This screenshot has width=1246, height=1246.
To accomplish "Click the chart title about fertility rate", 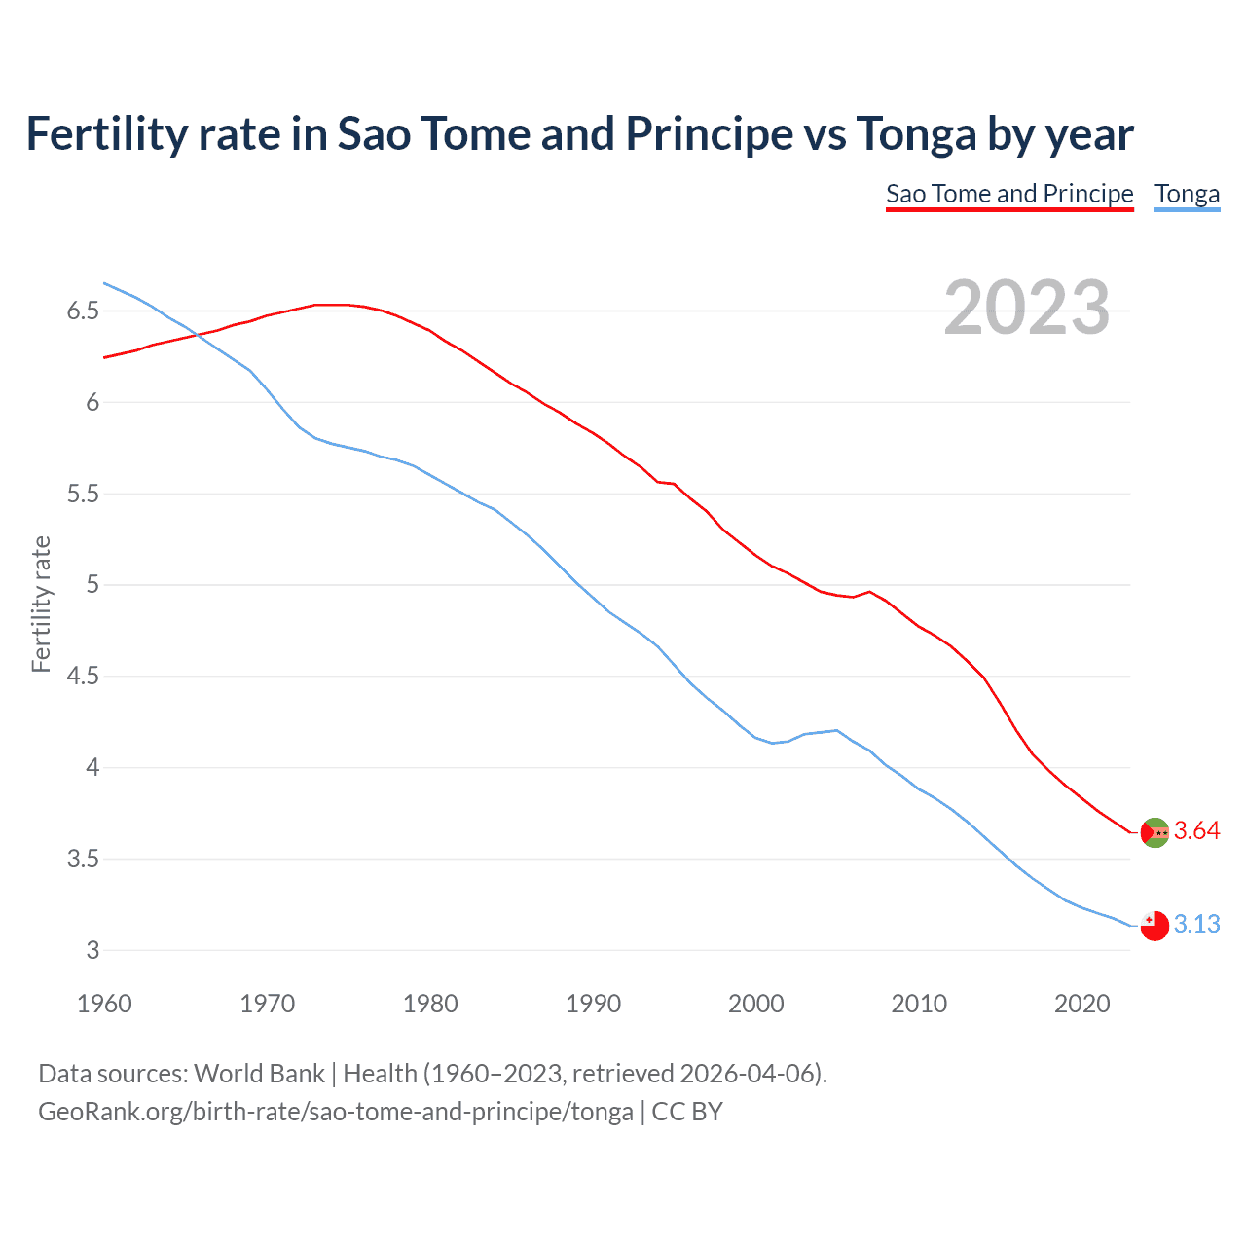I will click(579, 134).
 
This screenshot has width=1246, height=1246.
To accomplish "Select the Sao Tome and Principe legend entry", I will click(1009, 194).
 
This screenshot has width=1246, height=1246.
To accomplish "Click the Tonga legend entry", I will click(1187, 194).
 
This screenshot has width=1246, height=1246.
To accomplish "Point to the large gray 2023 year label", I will click(1026, 308).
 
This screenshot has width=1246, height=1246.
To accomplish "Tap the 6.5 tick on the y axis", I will click(83, 311).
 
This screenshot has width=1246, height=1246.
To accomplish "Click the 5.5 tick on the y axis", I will click(83, 495).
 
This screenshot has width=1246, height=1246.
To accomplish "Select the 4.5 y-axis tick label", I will click(83, 677).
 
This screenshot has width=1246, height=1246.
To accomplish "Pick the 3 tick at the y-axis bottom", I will click(93, 951).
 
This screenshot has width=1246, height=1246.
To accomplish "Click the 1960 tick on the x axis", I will click(104, 1004).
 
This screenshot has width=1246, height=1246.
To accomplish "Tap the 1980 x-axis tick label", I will click(430, 1004).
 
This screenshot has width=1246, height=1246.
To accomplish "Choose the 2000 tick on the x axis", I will click(756, 1004).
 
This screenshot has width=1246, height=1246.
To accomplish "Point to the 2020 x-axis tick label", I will click(1081, 1004).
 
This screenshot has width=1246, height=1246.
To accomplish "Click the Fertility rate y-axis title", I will click(41, 604).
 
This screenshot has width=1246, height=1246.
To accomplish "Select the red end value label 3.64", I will click(1196, 831).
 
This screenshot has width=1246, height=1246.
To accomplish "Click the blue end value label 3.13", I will click(1196, 925).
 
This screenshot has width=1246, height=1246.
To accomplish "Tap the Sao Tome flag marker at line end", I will click(1154, 832).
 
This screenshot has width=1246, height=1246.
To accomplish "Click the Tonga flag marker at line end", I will click(1154, 926).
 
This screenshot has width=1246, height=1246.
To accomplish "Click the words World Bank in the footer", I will click(259, 1074).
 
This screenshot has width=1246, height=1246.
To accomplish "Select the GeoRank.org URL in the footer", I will click(335, 1112).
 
